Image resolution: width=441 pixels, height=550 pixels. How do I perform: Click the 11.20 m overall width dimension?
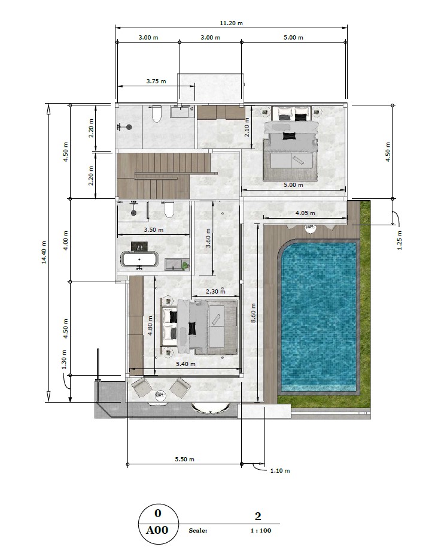(232, 23)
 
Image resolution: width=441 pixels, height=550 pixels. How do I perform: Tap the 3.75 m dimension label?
(156, 81)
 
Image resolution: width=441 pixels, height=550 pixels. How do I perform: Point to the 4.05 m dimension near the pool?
(305, 213)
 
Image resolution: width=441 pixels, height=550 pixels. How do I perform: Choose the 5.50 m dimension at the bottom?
(184, 459)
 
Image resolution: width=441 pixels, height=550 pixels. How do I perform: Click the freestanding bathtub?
(139, 261)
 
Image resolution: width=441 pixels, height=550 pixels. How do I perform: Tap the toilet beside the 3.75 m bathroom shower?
(157, 114)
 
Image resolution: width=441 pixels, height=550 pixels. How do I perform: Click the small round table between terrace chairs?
(160, 394)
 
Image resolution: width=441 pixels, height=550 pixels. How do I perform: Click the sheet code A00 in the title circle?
(157, 530)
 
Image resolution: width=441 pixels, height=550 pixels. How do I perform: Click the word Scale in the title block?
(197, 531)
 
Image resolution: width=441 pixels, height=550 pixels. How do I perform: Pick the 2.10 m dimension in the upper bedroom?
(247, 128)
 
